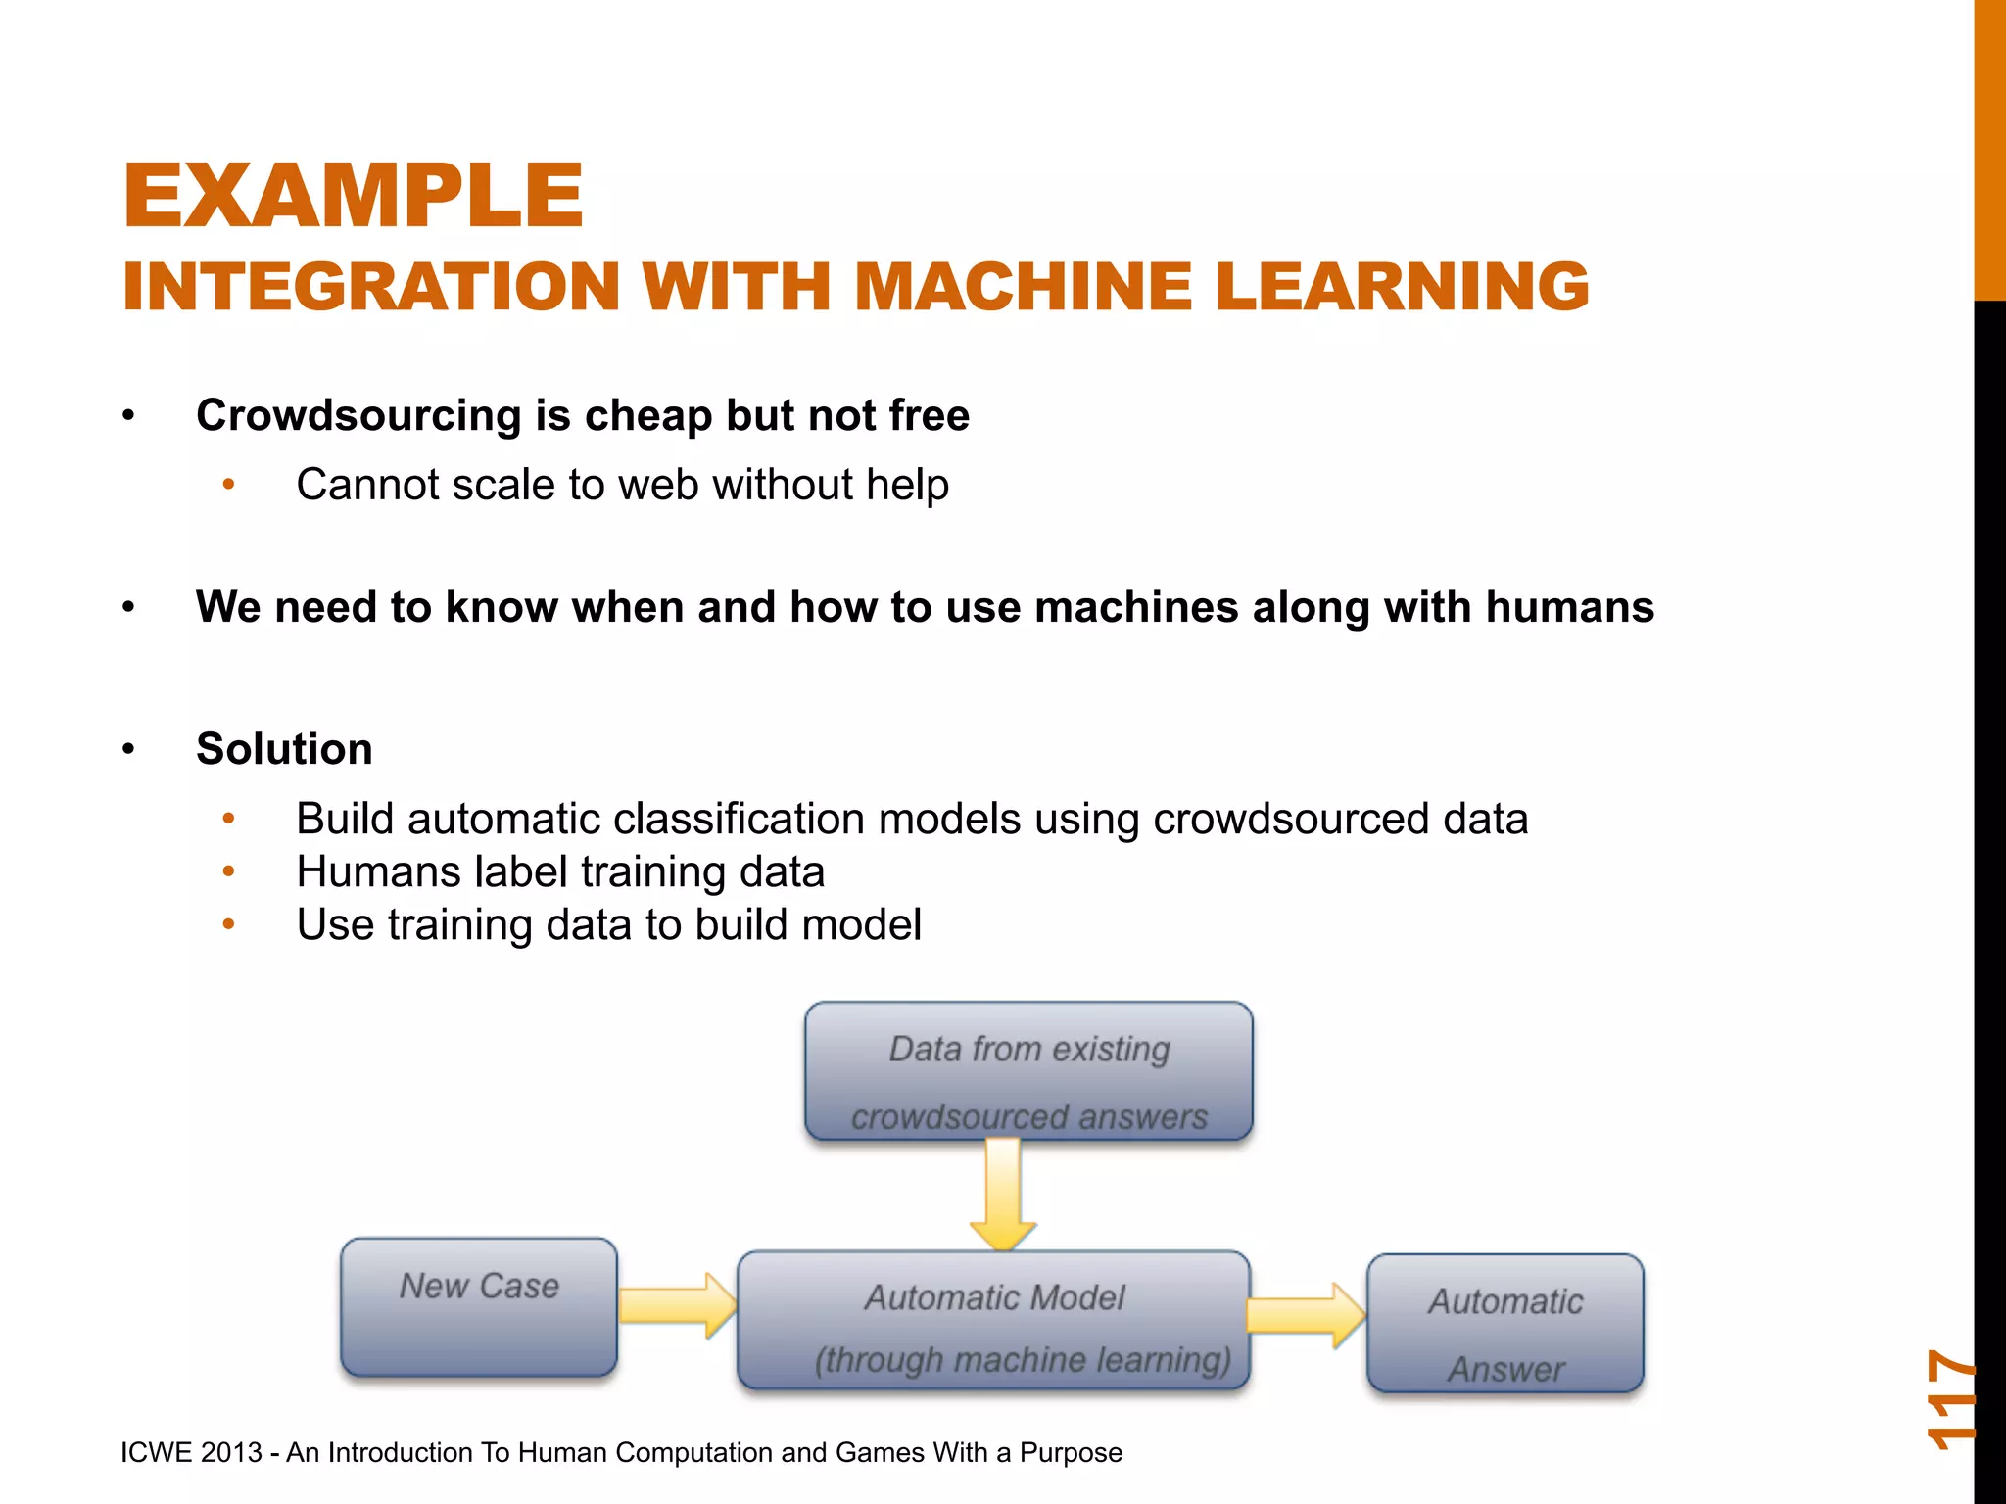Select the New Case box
[x=479, y=1307]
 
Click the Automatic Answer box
[x=1504, y=1324]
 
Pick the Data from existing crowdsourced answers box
[x=1028, y=1071]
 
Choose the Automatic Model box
[x=993, y=1320]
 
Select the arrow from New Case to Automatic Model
[x=677, y=1305]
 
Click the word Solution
[x=284, y=749]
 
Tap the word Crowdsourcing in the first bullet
[x=358, y=415]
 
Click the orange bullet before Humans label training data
[x=228, y=871]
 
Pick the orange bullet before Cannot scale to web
[x=228, y=485]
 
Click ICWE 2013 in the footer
[x=191, y=1452]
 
